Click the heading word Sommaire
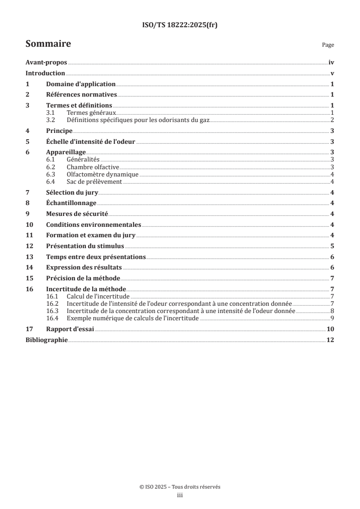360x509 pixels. click(x=48, y=44)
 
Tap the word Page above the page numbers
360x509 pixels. click(x=328, y=45)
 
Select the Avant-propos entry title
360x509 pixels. click(x=46, y=64)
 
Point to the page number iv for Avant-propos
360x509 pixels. click(x=331, y=64)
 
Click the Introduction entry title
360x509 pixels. click(x=45, y=73)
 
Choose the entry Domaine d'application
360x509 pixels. click(x=81, y=84)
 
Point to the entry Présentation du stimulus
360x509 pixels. click(x=85, y=246)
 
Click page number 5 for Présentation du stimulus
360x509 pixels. click(x=332, y=246)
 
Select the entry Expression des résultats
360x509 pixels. click(x=84, y=268)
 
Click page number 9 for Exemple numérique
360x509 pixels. click(x=332, y=318)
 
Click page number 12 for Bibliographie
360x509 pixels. click(x=330, y=340)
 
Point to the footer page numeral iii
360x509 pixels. click(x=180, y=496)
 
